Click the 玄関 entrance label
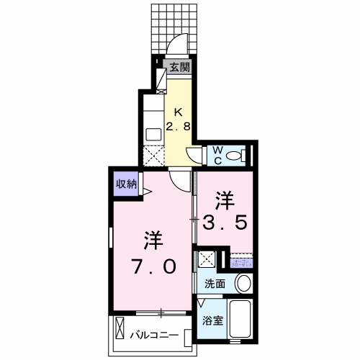[180, 68]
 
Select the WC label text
[216, 155]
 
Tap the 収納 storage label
[127, 184]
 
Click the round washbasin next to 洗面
[243, 283]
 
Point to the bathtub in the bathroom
[240, 322]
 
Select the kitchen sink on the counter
[153, 134]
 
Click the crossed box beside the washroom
[207, 260]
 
